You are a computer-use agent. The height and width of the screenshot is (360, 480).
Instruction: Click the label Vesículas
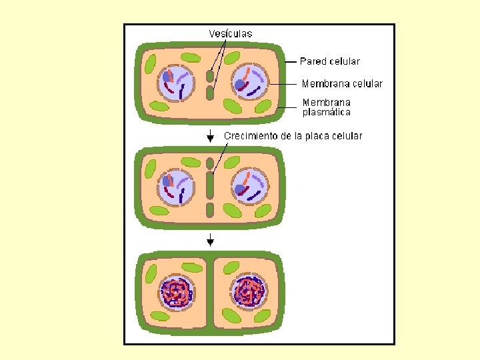tap(231, 33)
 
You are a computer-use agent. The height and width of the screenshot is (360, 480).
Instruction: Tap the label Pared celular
tap(329, 61)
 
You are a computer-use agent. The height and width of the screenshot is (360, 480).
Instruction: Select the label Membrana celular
tap(342, 84)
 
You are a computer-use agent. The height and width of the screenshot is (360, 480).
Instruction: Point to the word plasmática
tap(327, 113)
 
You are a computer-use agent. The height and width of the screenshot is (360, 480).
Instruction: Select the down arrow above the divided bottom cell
tap(210, 239)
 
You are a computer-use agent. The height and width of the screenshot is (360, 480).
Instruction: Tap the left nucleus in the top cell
tap(175, 83)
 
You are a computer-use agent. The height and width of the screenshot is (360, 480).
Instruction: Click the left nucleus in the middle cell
tap(175, 187)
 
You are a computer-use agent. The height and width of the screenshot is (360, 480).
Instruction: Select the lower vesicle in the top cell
tap(210, 92)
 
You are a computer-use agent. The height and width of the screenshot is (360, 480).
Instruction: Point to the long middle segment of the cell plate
tap(210, 186)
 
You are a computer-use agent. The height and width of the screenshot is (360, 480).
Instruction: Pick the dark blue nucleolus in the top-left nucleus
tap(167, 77)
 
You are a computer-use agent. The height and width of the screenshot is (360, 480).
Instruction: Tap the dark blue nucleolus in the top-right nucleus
tap(240, 84)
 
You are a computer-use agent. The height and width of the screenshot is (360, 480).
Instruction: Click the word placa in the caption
tap(317, 136)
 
